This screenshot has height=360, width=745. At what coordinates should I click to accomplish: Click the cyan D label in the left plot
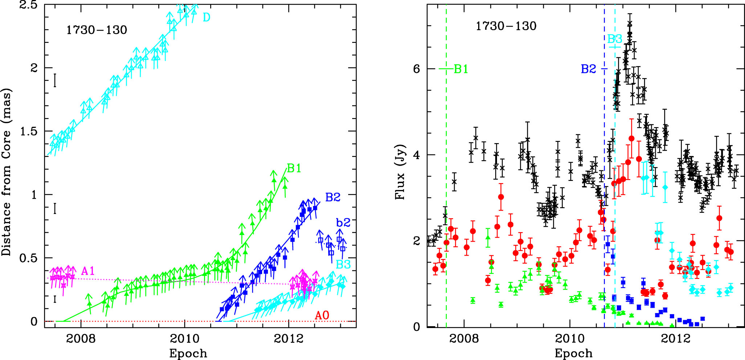click(x=206, y=17)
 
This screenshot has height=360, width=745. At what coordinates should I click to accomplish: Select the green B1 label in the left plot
click(x=294, y=168)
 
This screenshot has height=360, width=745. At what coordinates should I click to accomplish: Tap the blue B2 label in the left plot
click(x=333, y=197)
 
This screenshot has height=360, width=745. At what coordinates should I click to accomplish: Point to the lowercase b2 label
click(x=343, y=222)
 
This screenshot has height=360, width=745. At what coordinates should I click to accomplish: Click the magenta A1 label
click(x=88, y=271)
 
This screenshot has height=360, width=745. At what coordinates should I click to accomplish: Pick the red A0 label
click(x=322, y=315)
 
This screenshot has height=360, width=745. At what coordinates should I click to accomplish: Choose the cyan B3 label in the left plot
click(x=343, y=264)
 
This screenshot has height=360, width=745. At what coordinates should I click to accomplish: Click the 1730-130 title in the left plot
click(x=97, y=30)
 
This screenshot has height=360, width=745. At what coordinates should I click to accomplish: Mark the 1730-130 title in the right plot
click(x=506, y=26)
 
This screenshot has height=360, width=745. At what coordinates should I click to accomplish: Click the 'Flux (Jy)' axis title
click(x=400, y=172)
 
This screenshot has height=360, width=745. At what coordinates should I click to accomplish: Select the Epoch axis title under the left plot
click(x=188, y=353)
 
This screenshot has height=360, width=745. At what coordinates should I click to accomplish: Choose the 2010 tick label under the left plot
click(x=185, y=339)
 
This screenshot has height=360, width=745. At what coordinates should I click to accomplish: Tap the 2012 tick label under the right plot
click(x=676, y=339)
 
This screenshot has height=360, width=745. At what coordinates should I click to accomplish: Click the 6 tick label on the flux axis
click(x=416, y=69)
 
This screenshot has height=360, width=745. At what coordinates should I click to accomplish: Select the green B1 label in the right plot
click(x=461, y=69)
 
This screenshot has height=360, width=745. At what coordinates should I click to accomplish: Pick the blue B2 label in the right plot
click(x=589, y=69)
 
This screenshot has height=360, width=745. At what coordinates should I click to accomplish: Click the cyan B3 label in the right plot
click(x=615, y=39)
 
